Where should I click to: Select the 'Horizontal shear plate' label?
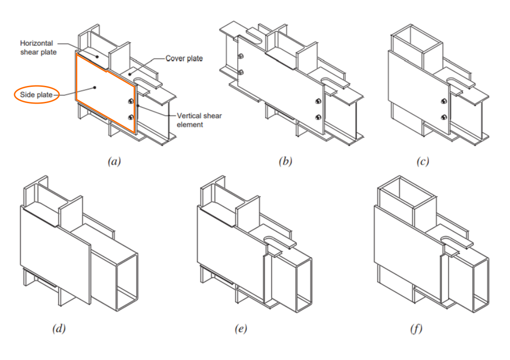38,48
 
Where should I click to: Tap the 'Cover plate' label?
184,59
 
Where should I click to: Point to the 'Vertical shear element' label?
193,120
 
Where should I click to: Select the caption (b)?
285,161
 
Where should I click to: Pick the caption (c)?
422,161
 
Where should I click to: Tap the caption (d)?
58,329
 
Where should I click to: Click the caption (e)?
240,329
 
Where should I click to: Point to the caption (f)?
416,329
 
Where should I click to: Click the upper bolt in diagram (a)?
131,101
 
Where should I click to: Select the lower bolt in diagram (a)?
131,117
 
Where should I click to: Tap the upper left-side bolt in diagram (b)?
241,57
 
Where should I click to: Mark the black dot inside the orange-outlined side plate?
95,86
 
